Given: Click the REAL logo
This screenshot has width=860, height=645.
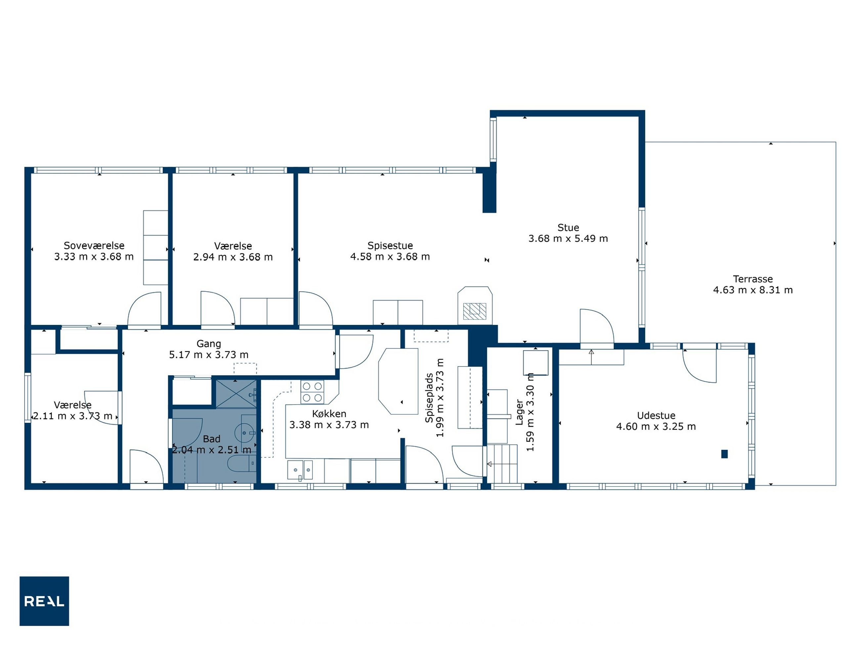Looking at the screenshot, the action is pyautogui.click(x=44, y=601).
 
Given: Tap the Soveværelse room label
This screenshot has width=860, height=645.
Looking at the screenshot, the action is pyautogui.click(x=94, y=246).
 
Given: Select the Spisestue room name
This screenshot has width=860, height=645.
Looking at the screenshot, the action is pyautogui.click(x=390, y=246).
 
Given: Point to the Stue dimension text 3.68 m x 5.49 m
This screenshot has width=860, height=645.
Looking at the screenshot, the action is pyautogui.click(x=568, y=238).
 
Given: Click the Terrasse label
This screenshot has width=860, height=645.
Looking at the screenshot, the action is pyautogui.click(x=753, y=279).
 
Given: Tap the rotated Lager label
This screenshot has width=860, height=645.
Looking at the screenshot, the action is pyautogui.click(x=519, y=412).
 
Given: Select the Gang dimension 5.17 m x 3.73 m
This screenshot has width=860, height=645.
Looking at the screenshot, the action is pyautogui.click(x=209, y=355).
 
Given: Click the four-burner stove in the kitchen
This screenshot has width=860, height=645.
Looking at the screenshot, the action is pyautogui.click(x=312, y=392).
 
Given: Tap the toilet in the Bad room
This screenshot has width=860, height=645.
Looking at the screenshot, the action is pyautogui.click(x=241, y=463).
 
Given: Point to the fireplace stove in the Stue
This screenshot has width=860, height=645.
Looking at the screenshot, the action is pyautogui.click(x=475, y=306).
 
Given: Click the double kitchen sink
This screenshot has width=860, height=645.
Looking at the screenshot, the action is pyautogui.click(x=300, y=470).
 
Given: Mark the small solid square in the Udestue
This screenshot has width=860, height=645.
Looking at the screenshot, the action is pyautogui.click(x=724, y=454).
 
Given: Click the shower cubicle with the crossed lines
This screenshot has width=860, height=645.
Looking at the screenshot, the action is pyautogui.click(x=236, y=394).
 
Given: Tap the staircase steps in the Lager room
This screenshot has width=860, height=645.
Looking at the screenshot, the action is pyautogui.click(x=502, y=464).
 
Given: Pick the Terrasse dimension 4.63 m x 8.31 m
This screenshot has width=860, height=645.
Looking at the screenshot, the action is pyautogui.click(x=753, y=290).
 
